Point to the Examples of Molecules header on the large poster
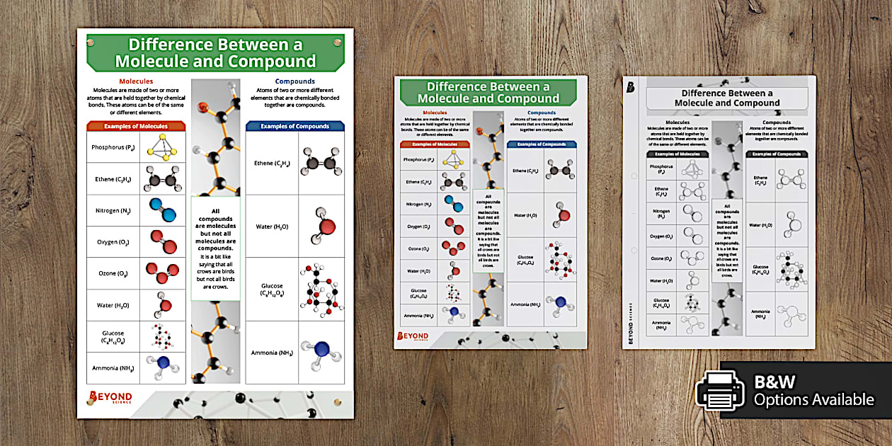pos(136,126)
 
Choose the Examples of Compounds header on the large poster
pos(295,126)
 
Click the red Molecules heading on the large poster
pos(136,81)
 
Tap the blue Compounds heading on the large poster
pos(295,81)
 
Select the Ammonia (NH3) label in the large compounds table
pos(272,353)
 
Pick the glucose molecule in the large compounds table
pos(320,290)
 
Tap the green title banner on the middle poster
pos(489,93)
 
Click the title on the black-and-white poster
pos(727,98)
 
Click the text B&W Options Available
pos(813,391)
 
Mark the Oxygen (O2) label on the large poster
pos(113,242)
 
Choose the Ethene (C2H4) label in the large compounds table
pos(272,164)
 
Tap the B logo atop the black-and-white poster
pos(630,87)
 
